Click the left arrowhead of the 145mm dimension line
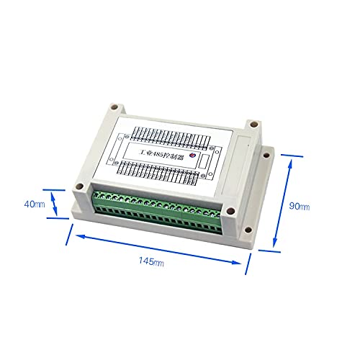click(76, 234)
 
